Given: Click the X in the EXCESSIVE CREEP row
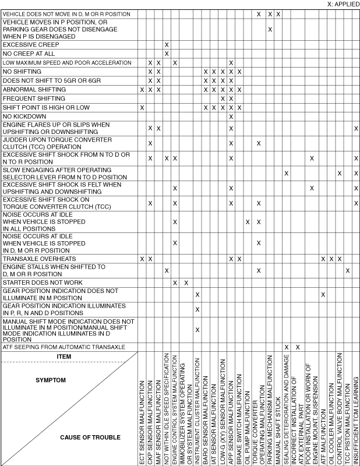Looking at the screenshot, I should (167, 44).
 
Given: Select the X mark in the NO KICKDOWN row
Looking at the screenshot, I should (231, 116).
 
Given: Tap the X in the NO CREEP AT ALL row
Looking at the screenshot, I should (167, 54).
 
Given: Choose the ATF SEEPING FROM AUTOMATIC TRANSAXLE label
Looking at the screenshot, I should (64, 347).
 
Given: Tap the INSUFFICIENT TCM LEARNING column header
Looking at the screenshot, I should (356, 414).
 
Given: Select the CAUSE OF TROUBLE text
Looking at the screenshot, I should (90, 437).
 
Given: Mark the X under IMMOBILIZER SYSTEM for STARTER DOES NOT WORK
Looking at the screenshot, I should (186, 283).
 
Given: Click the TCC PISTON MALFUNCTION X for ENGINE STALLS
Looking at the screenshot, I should (348, 270).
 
